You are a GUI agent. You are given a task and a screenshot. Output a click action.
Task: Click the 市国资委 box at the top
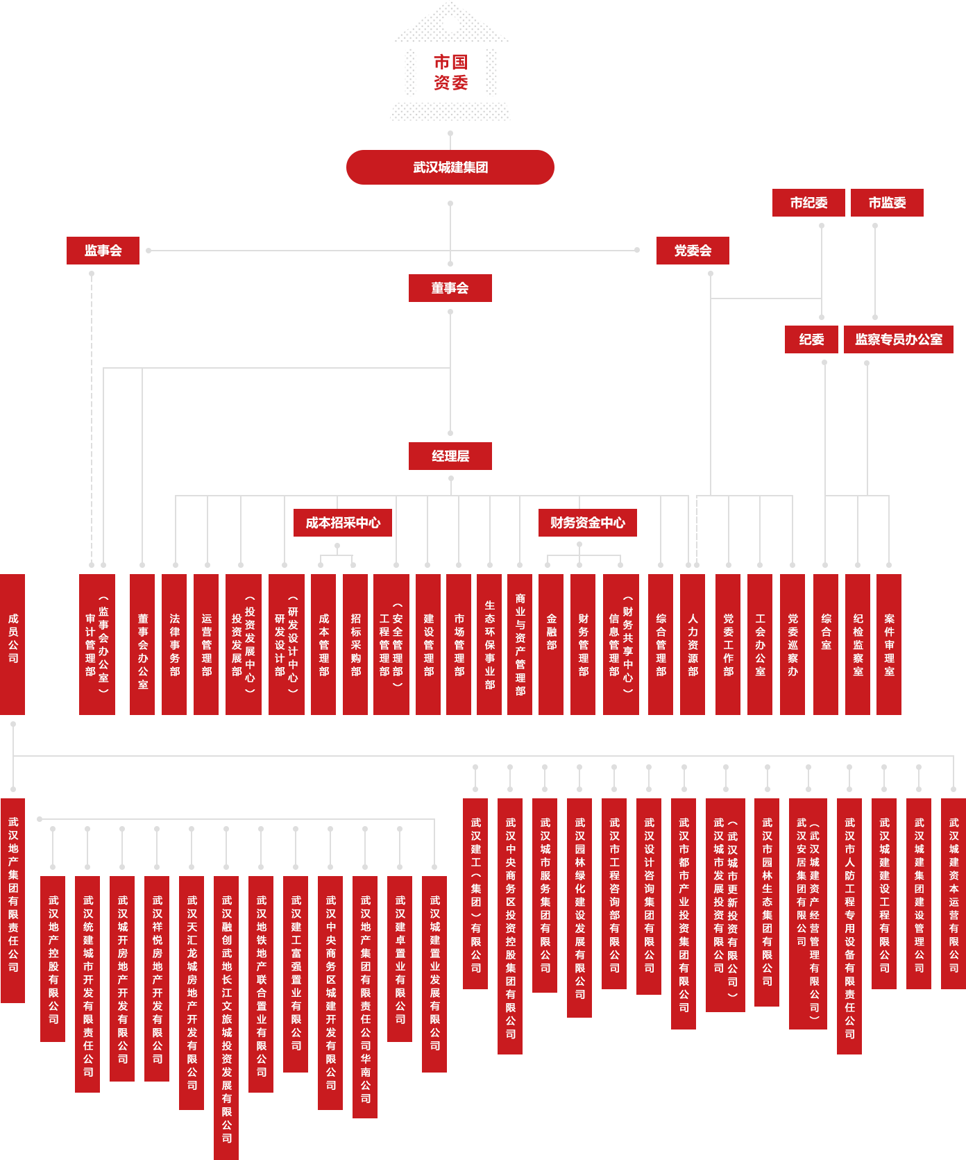pyautogui.click(x=450, y=72)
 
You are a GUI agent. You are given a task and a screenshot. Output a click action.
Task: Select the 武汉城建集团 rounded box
pyautogui.click(x=450, y=167)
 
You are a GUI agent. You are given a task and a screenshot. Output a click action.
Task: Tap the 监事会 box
pyautogui.click(x=103, y=251)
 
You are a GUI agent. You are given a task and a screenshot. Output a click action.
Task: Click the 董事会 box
pyautogui.click(x=450, y=288)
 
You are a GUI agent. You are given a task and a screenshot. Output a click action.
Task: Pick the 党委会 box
pyautogui.click(x=693, y=251)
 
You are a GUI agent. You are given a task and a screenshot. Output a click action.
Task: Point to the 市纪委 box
pyautogui.click(x=808, y=203)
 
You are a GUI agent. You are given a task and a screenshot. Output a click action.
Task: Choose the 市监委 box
pyautogui.click(x=887, y=203)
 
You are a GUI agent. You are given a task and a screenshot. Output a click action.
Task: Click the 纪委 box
pyautogui.click(x=811, y=339)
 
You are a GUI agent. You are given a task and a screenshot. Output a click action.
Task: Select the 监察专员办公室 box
pyautogui.click(x=899, y=339)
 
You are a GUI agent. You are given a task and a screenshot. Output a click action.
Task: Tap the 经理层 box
pyautogui.click(x=450, y=456)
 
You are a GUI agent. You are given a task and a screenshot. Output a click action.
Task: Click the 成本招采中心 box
pyautogui.click(x=343, y=523)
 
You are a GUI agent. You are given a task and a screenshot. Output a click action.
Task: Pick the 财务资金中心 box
pyautogui.click(x=587, y=523)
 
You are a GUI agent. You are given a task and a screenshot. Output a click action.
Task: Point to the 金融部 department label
pyautogui.click(x=552, y=632)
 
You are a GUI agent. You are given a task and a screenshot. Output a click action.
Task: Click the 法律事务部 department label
pyautogui.click(x=175, y=644)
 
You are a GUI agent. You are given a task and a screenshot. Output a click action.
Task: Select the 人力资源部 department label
pyautogui.click(x=693, y=644)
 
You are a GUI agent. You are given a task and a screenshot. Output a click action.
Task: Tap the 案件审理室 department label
pyautogui.click(x=890, y=644)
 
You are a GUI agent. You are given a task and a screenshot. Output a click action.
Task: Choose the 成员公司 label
pyautogui.click(x=13, y=638)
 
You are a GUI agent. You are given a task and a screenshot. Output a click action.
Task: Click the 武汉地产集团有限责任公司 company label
pyautogui.click(x=13, y=894)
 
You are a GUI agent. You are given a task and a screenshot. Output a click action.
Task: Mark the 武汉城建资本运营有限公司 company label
pyautogui.click(x=954, y=894)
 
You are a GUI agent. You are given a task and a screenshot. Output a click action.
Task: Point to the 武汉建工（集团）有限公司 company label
pyautogui.click(x=476, y=894)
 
